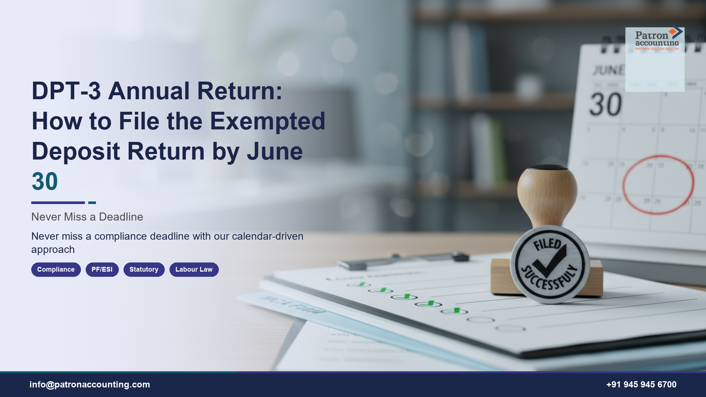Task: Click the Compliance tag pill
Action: pyautogui.click(x=56, y=269)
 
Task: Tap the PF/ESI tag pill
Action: pyautogui.click(x=102, y=269)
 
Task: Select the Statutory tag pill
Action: pyautogui.click(x=144, y=269)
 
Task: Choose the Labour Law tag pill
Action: pyautogui.click(x=194, y=269)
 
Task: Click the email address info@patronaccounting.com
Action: pyautogui.click(x=90, y=385)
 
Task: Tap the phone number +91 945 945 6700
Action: pyautogui.click(x=641, y=385)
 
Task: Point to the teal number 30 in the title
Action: pyautogui.click(x=45, y=181)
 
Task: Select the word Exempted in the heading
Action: pyautogui.click(x=268, y=121)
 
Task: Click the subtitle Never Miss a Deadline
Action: pyautogui.click(x=87, y=217)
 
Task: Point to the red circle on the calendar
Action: pyautogui.click(x=658, y=185)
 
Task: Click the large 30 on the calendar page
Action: pyautogui.click(x=606, y=104)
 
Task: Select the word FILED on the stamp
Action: pyautogui.click(x=548, y=244)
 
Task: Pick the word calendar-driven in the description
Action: pyautogui.click(x=268, y=236)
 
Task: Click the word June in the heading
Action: pyautogui.click(x=275, y=151)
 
